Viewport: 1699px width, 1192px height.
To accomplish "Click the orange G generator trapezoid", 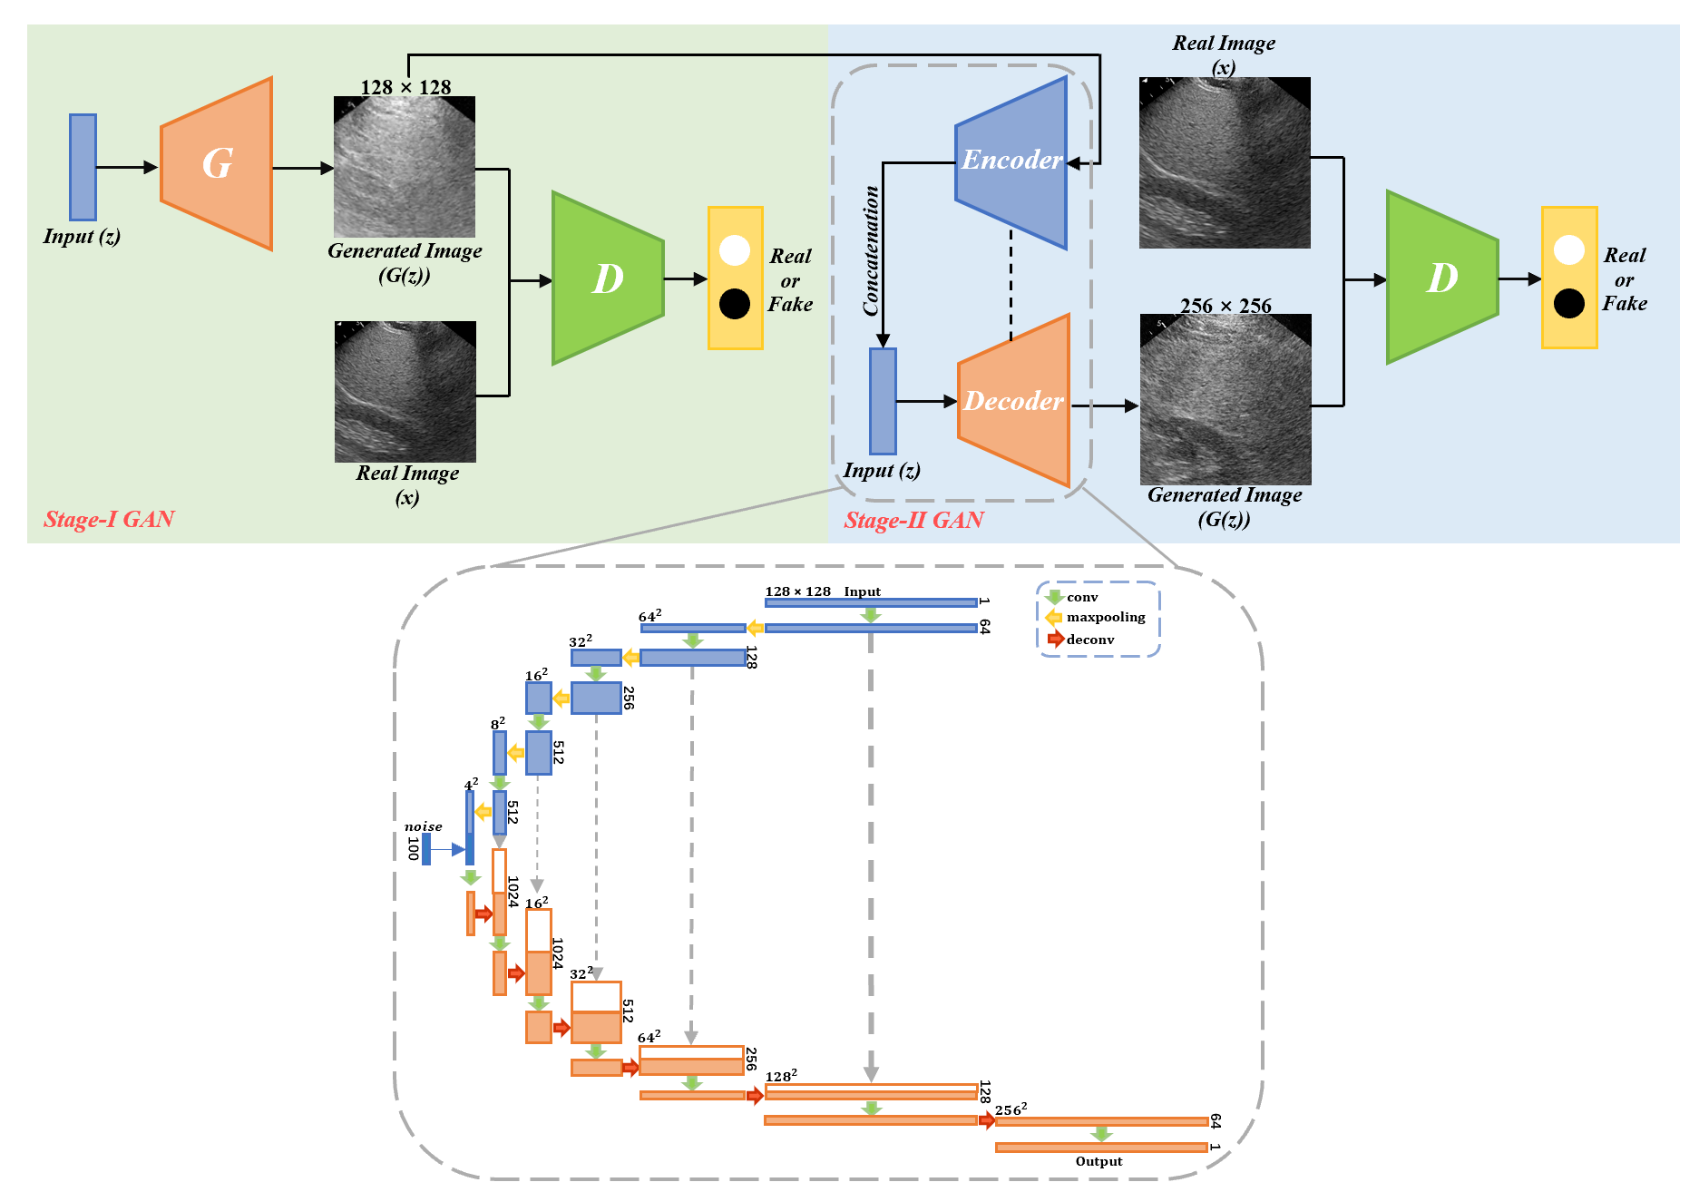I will point(216,163).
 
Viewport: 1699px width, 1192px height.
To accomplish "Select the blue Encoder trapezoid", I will point(1011,161).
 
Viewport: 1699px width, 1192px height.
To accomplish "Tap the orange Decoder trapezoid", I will point(1014,400).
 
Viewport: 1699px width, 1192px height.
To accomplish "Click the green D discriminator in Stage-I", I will point(607,278).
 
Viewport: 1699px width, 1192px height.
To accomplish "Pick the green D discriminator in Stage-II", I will point(1441,278).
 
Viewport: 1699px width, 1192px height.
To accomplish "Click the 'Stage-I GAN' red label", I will point(109,519).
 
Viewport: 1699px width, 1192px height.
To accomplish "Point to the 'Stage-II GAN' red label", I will point(913,520).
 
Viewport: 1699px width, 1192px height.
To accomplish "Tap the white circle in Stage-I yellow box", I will point(735,250).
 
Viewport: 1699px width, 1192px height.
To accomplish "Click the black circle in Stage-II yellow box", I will point(1569,304).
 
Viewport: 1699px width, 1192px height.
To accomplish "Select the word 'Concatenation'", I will point(871,251).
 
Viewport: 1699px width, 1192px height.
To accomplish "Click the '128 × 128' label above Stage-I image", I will point(405,87).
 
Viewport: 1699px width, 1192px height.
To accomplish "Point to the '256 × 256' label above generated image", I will point(1225,306).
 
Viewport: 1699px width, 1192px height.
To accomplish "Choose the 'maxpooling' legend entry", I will point(1105,618).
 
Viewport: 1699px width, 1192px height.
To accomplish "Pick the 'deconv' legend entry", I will point(1089,640).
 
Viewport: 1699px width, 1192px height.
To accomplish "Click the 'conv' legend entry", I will point(1081,598).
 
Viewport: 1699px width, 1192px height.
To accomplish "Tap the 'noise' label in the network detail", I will point(423,826).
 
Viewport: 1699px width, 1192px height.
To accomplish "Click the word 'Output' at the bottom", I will point(1098,1161).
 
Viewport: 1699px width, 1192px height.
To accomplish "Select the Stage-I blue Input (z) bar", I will point(83,167).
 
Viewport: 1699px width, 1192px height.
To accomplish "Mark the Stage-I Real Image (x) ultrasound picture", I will point(405,392).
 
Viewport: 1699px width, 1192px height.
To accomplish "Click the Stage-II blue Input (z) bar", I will point(883,401).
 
